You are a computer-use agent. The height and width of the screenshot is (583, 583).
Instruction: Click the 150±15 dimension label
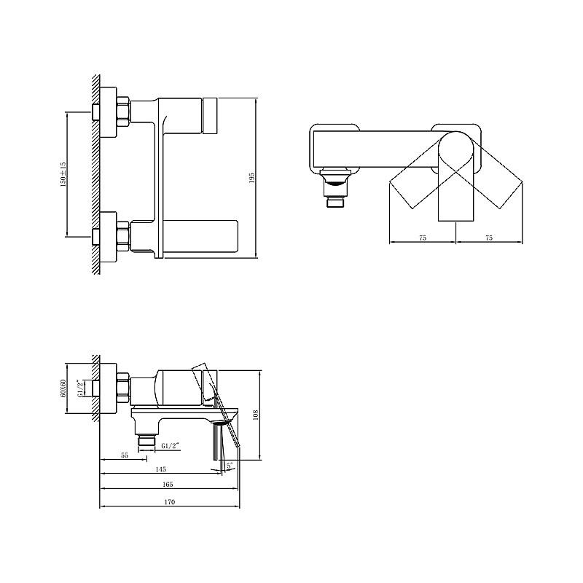63,174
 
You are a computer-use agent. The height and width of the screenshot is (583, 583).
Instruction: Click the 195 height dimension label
251,177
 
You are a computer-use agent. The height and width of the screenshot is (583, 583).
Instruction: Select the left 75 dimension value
423,238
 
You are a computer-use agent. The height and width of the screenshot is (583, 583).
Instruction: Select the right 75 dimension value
489,238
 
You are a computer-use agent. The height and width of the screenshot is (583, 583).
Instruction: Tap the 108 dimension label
256,415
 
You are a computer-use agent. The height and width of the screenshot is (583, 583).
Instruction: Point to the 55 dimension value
125,455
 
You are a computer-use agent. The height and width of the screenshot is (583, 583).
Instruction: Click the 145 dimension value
160,469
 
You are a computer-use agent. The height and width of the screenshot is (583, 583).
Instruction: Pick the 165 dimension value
168,484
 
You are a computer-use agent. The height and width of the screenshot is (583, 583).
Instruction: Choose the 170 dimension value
169,502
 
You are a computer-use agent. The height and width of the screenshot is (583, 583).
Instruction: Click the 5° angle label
230,465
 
